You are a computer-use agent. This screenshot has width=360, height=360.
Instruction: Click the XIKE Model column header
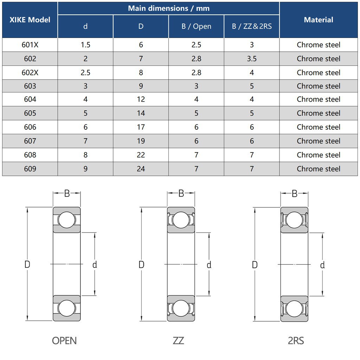(30, 20)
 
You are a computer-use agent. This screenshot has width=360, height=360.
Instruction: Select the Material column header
(318, 20)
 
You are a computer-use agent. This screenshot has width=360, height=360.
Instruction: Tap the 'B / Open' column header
(196, 26)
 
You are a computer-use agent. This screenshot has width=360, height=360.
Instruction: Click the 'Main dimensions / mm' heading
(168, 8)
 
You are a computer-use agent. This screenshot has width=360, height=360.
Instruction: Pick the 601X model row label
(30, 45)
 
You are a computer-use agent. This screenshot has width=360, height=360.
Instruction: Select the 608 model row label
(30, 155)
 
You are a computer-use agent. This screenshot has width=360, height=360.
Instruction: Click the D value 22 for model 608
(141, 155)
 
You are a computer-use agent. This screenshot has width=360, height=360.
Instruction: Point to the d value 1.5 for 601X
(85, 45)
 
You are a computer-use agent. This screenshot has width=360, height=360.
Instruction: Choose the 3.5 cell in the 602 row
(252, 59)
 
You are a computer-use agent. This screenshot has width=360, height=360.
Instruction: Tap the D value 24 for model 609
(141, 169)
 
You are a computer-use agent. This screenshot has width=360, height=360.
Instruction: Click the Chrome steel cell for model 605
(318, 113)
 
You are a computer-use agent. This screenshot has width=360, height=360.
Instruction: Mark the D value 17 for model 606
(141, 127)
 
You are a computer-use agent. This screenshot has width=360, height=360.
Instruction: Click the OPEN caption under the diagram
(64, 340)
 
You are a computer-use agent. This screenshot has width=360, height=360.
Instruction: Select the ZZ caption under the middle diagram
(178, 340)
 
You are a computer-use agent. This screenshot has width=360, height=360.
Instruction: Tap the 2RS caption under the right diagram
(296, 340)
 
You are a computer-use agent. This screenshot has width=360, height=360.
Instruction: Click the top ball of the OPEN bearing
(67, 220)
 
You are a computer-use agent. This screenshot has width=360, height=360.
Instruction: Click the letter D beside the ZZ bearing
(141, 264)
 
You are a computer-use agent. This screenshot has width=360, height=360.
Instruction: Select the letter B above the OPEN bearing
(67, 193)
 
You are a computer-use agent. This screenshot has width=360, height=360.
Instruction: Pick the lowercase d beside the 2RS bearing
(322, 265)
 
